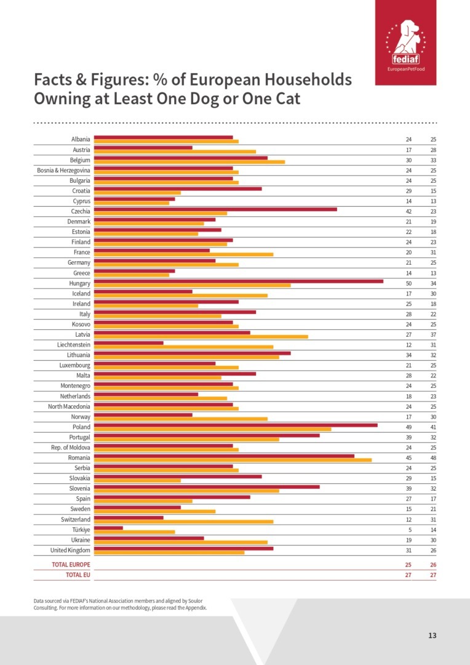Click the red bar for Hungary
pos(238,281)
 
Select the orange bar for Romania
pos(233,460)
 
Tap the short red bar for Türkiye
pos(108,527)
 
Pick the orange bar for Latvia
pos(201,337)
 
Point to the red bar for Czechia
pos(215,209)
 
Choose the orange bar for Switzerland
pos(183,522)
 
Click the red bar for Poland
pos(236,424)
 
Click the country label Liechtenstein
pos(73,345)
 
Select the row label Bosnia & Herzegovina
pos(63,171)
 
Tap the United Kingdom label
pos(70,550)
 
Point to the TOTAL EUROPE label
pos(70,565)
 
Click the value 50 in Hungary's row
pos(408,283)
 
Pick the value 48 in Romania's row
pos(433,457)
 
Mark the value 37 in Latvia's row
pos(433,335)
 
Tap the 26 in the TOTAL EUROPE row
pos(433,565)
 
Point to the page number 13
pos(432,635)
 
